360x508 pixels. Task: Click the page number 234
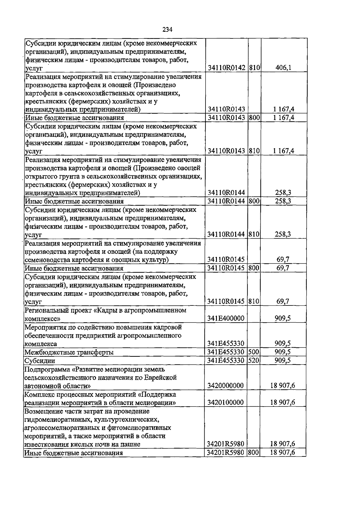(167, 29)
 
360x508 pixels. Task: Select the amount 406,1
(283, 68)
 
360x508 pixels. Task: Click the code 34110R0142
(226, 68)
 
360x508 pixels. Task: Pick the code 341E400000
(226, 318)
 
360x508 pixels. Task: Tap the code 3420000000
(225, 385)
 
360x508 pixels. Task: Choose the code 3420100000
(225, 402)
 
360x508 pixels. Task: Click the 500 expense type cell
(254, 352)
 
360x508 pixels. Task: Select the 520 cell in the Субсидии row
(254, 360)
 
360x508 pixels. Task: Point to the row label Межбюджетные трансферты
(69, 352)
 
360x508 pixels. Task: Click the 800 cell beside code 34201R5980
(254, 452)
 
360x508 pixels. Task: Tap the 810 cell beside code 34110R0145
(254, 301)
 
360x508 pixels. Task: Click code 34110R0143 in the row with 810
(226, 151)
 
